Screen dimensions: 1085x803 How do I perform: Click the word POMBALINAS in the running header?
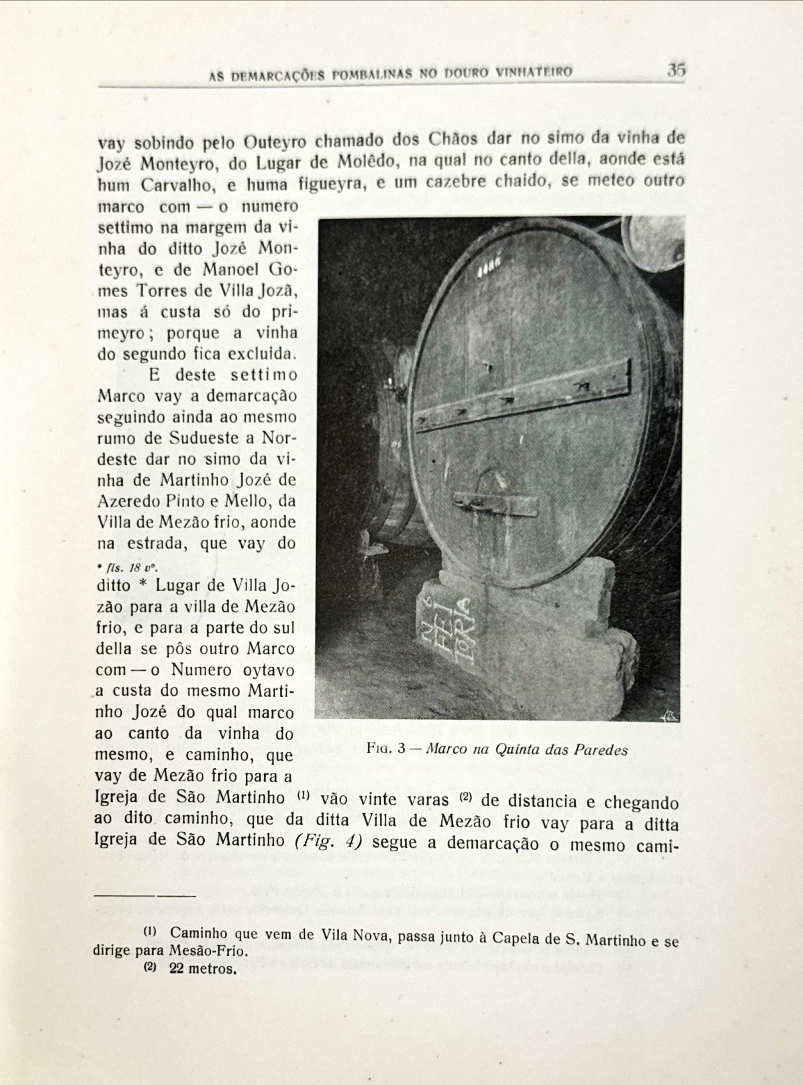coord(372,74)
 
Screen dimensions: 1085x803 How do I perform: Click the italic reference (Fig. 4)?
coord(328,840)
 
